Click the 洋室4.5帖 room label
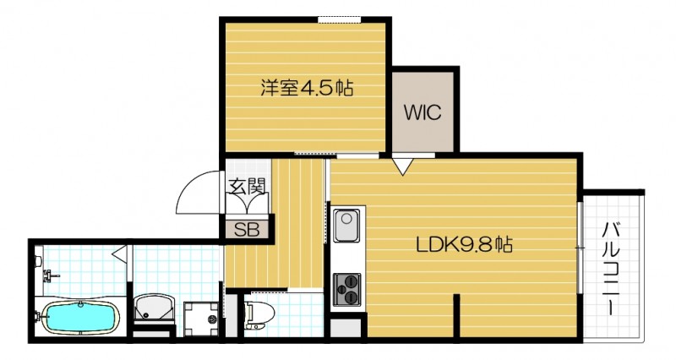tap(306, 87)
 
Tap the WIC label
tap(423, 112)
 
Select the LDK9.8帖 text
tap(464, 246)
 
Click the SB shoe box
tap(246, 227)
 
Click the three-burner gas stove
tap(346, 289)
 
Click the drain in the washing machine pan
tap(209, 319)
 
